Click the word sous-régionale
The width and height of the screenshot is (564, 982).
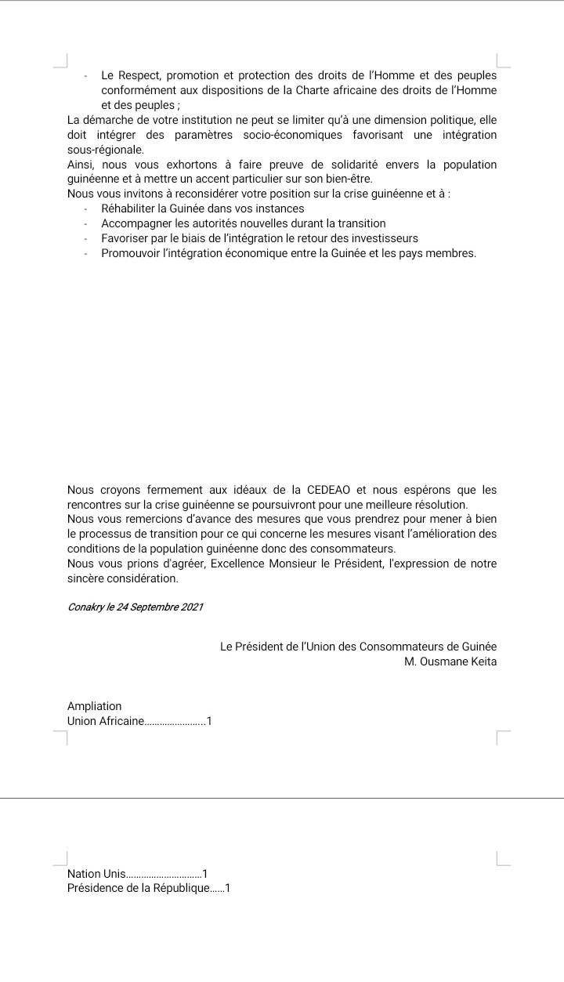click(105, 149)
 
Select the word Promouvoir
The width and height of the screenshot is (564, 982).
click(132, 252)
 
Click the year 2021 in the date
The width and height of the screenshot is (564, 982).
click(192, 609)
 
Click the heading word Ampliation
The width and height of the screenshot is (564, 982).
click(95, 706)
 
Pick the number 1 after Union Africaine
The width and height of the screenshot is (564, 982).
click(209, 721)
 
